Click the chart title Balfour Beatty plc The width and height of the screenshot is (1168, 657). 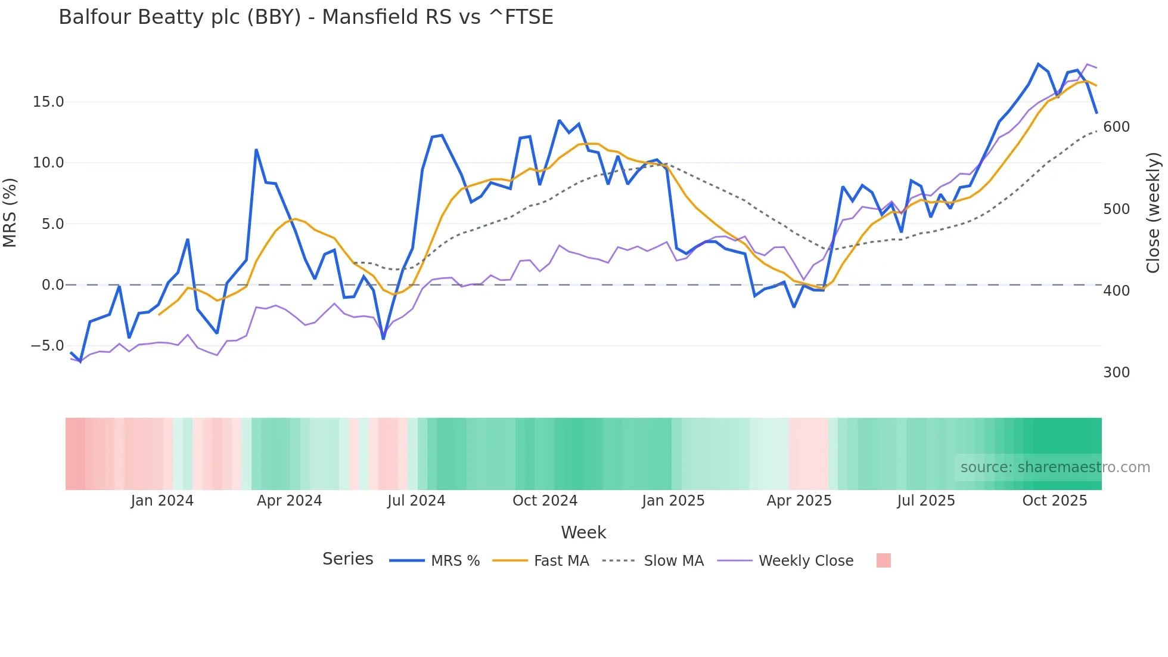(306, 17)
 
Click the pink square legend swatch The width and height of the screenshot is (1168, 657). (884, 560)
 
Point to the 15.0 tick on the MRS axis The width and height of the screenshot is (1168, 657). (48, 102)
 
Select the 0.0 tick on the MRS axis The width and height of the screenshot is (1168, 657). (52, 285)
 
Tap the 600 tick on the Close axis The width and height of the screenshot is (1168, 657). (1117, 127)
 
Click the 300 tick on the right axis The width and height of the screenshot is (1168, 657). (1117, 373)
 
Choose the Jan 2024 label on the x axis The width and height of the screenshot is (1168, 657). (162, 501)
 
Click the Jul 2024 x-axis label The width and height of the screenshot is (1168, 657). (417, 501)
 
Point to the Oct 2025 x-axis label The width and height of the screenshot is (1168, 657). (1055, 501)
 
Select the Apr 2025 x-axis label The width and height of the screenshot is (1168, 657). (799, 501)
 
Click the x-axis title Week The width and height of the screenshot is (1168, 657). (583, 532)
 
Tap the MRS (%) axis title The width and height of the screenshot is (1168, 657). (10, 212)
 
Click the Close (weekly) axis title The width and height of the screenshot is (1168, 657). (1154, 213)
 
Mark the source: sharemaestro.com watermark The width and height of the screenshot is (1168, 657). (1055, 467)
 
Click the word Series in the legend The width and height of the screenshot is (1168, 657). (348, 559)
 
